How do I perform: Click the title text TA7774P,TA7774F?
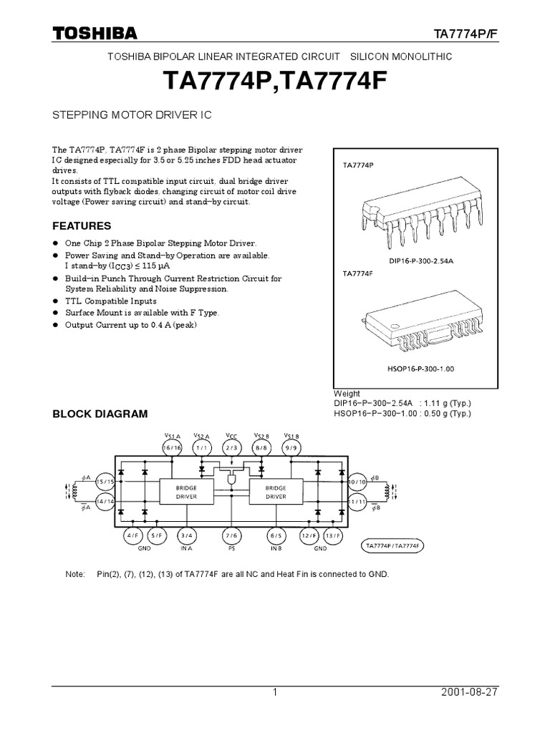tap(274, 82)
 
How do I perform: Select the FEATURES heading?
tap(80, 225)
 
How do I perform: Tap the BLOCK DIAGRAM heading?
tap(100, 414)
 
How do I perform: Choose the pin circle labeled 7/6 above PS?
tap(231, 535)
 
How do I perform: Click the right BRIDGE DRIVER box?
tap(276, 491)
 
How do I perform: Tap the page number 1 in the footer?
tap(274, 693)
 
